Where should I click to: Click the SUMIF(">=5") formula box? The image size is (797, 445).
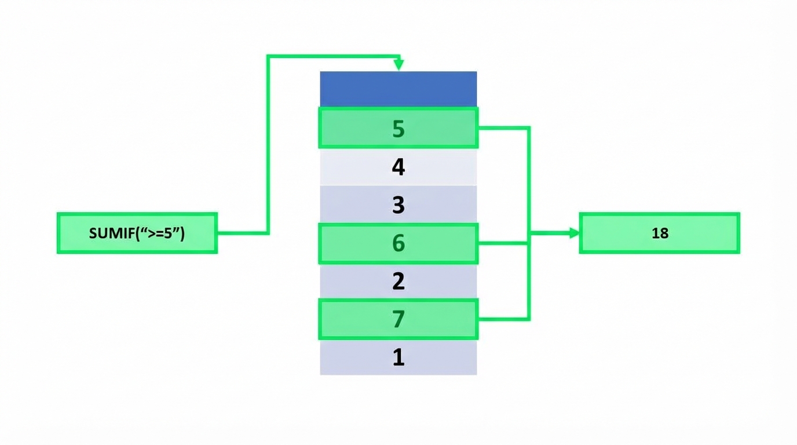click(137, 233)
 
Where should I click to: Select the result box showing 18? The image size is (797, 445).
click(660, 233)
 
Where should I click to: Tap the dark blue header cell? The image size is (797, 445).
click(398, 89)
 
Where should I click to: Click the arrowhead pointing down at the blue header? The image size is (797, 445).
click(398, 65)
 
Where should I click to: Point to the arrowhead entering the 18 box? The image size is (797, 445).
click(574, 233)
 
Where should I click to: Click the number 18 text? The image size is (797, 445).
click(660, 233)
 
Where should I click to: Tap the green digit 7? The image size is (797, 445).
click(398, 319)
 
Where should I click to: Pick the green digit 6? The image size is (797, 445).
click(398, 243)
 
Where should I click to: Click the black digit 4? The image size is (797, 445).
click(398, 167)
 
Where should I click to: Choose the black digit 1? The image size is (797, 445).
click(398, 357)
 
